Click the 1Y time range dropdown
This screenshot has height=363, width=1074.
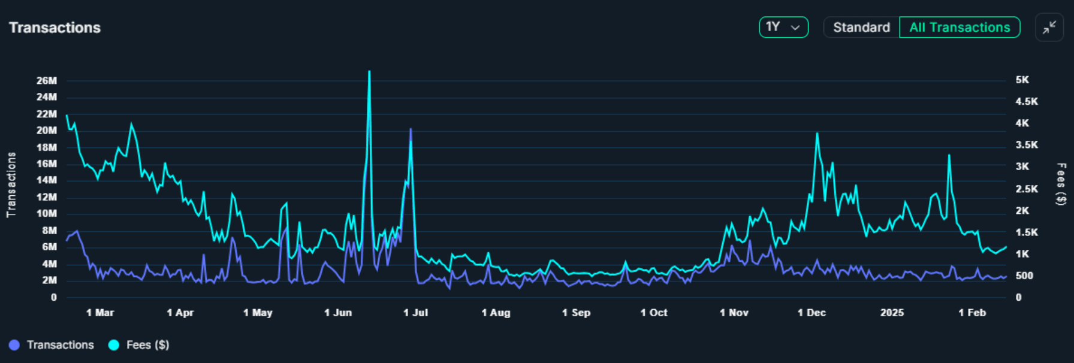(x=783, y=28)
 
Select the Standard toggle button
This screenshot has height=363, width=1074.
(x=861, y=28)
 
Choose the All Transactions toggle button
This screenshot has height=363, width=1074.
(x=960, y=28)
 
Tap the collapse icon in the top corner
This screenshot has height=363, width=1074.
(x=1049, y=28)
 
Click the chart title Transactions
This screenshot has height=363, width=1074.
(x=55, y=28)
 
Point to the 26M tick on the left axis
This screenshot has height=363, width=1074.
(x=47, y=81)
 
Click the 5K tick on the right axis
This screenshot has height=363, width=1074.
(x=1022, y=80)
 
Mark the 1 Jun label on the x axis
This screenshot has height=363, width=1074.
(x=338, y=313)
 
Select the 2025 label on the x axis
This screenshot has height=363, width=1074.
(x=892, y=313)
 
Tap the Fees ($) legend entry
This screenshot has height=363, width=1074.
(x=140, y=345)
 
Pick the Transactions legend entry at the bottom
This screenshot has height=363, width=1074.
(x=52, y=345)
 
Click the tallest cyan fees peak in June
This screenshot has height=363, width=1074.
(x=369, y=72)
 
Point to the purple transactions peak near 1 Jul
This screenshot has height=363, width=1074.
(x=411, y=129)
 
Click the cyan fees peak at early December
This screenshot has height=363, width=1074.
(x=817, y=134)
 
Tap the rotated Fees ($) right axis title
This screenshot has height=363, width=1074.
(x=1061, y=184)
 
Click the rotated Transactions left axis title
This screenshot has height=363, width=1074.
(x=11, y=184)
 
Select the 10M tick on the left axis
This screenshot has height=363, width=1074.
(x=47, y=214)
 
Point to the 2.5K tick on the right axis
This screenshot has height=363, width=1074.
(x=1025, y=189)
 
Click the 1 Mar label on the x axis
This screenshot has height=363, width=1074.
(x=100, y=313)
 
